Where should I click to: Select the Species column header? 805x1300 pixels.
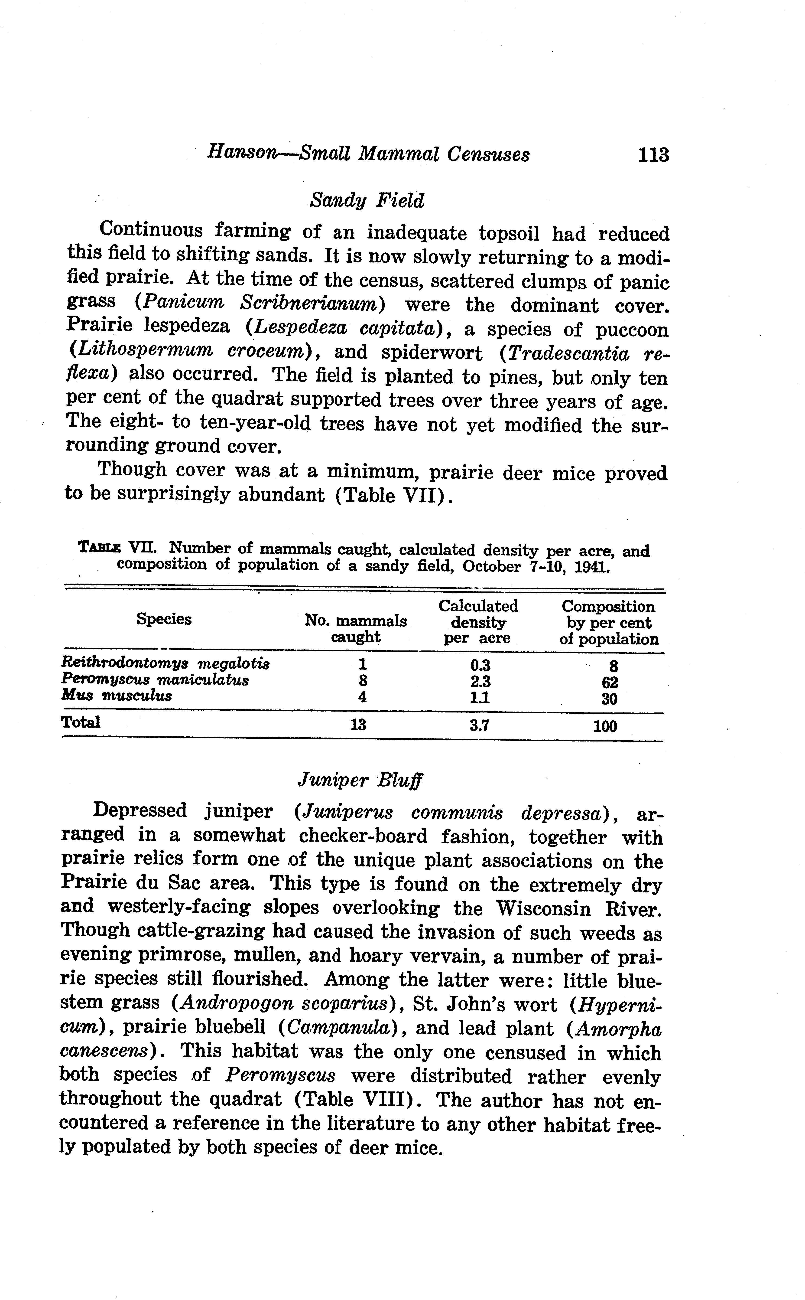point(164,619)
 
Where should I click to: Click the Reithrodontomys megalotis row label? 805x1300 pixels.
point(166,663)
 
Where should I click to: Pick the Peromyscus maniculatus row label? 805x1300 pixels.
point(155,680)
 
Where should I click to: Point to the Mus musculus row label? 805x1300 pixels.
point(117,696)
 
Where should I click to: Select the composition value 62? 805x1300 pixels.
point(610,683)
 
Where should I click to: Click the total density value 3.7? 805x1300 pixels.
point(479,725)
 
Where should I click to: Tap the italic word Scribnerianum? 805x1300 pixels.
point(312,304)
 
